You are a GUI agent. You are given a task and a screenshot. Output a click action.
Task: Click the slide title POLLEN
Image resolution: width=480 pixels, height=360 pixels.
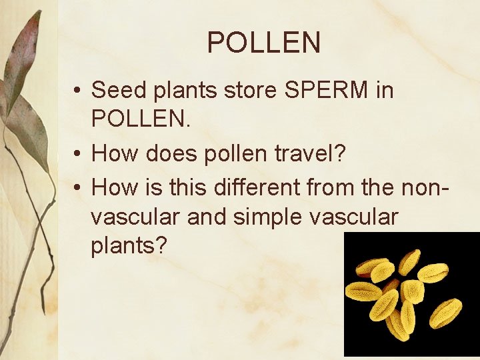(264, 43)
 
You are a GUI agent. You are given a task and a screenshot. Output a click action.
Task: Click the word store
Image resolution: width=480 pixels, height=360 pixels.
(243, 89)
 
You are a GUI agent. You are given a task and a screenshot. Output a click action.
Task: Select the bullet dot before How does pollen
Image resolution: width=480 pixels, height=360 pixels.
(78, 155)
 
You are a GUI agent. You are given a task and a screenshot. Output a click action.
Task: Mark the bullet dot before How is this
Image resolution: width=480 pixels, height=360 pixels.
(78, 189)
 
